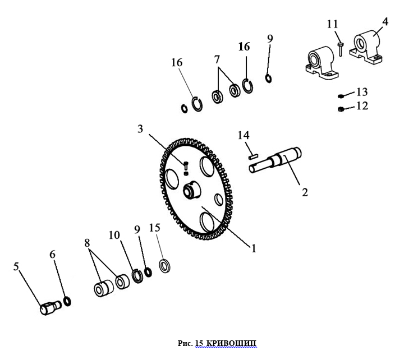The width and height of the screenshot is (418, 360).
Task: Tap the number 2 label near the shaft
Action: coord(305,192)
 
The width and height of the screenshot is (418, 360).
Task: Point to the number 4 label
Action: coord(385,22)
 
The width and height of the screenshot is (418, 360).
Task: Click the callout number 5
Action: coord(16,266)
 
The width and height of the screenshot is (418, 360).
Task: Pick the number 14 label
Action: coord(243,135)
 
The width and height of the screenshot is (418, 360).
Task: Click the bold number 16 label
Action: coord(244,47)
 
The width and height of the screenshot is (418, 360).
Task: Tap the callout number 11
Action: coord(332,24)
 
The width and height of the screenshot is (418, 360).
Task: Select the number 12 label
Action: coord(362,105)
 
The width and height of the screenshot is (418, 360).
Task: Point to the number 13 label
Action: coord(362,91)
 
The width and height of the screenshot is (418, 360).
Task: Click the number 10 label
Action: coord(114,235)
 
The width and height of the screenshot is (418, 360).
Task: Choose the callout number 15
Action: coord(154,228)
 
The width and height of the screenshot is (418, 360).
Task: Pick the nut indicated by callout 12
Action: coord(341,108)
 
